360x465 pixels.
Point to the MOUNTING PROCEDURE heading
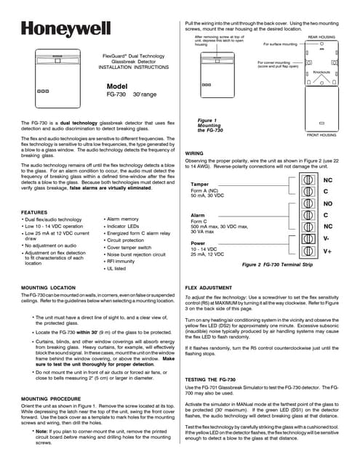55,400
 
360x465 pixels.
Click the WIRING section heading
194,153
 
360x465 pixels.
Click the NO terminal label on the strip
327,203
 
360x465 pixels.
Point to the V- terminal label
327,238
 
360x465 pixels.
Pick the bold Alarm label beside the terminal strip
197,216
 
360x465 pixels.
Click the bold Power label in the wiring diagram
198,243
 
